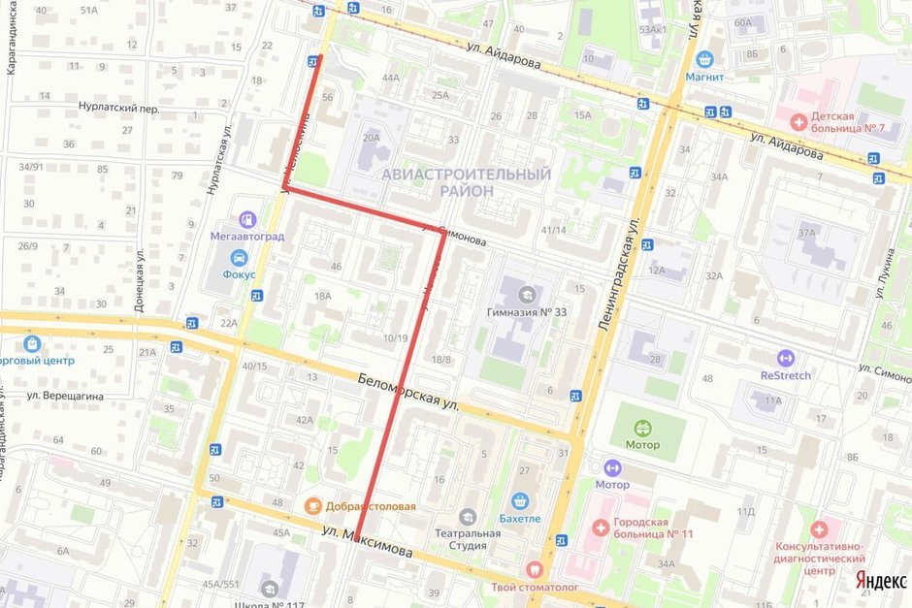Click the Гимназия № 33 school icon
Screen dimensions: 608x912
(525, 292)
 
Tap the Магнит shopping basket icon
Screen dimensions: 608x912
(704, 58)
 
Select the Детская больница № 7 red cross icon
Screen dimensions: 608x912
(798, 122)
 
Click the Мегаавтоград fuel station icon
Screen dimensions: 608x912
(247, 219)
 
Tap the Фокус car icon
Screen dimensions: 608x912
(238, 258)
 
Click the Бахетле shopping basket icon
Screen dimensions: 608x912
(520, 500)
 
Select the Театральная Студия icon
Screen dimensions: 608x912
(469, 516)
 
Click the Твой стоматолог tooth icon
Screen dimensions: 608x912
(533, 569)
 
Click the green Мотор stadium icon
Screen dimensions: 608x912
(641, 427)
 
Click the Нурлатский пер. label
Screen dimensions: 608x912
(118, 109)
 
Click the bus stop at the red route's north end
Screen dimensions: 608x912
(313, 61)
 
